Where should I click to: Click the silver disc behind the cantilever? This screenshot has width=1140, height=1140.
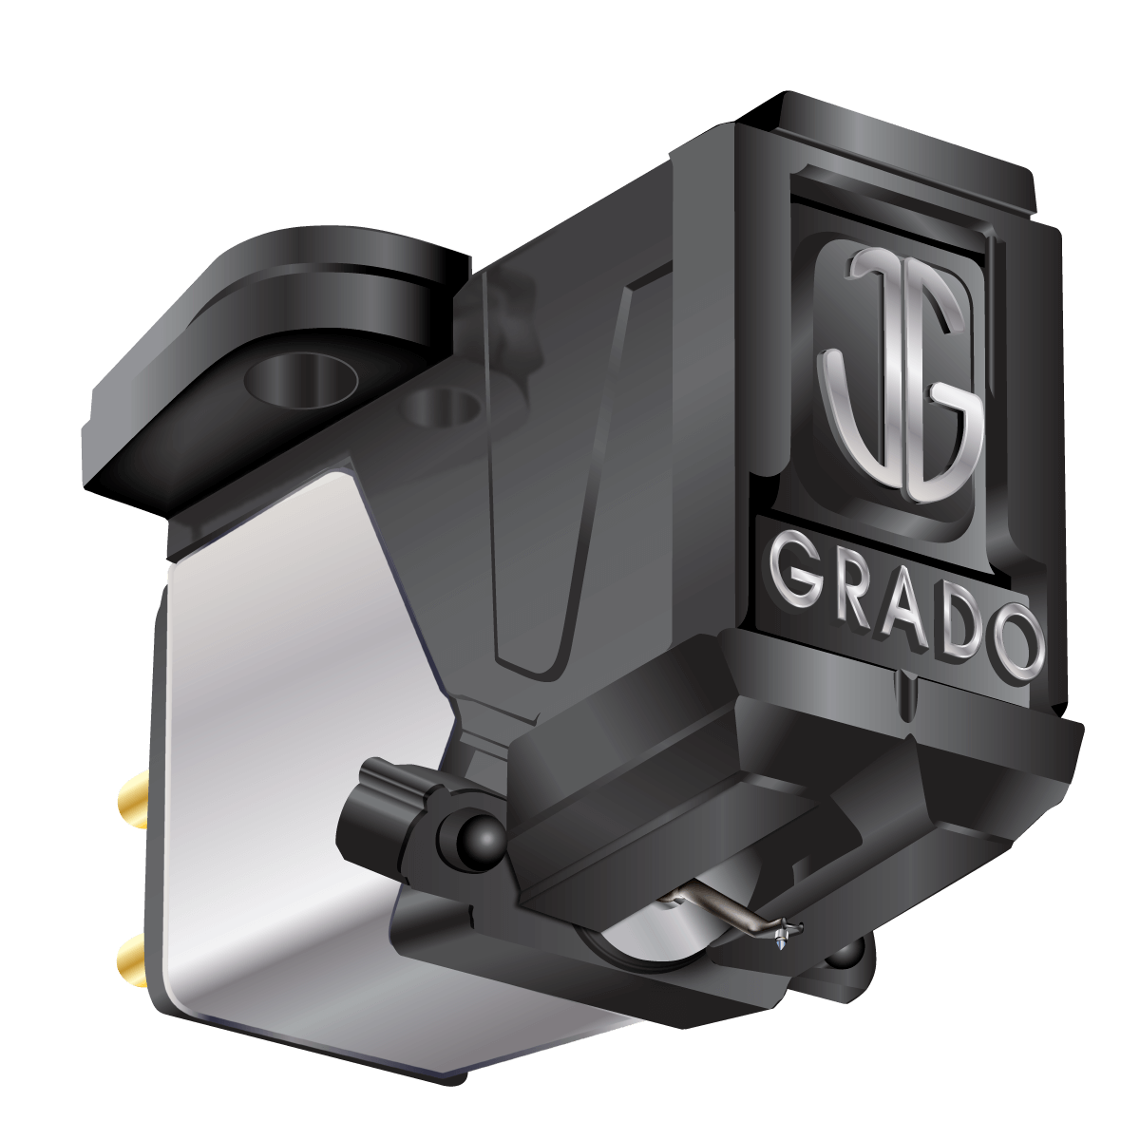tap(632, 936)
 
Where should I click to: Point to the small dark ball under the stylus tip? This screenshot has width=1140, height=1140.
tap(842, 955)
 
